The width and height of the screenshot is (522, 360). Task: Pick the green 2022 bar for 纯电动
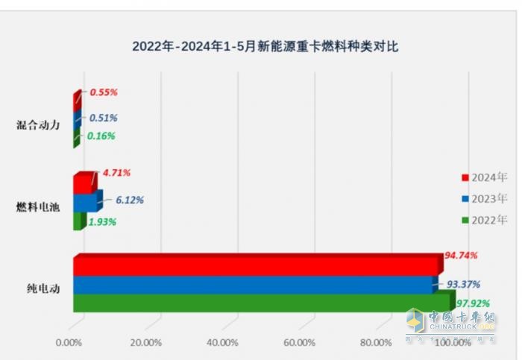point(261,303)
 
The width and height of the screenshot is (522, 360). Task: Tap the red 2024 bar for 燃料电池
point(83,184)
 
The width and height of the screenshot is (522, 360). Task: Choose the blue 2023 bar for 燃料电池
point(85,202)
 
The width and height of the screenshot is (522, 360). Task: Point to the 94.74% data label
point(461,255)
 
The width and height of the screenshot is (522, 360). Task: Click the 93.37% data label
point(463,284)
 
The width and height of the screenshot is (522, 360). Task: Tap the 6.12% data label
point(130,200)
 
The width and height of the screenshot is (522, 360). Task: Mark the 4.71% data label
point(116,173)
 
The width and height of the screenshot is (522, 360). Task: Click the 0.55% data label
point(104,92)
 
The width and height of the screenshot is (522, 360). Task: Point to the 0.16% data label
point(101,136)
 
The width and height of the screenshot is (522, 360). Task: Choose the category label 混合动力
point(38,125)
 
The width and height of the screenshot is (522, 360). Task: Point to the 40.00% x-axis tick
point(222,343)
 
